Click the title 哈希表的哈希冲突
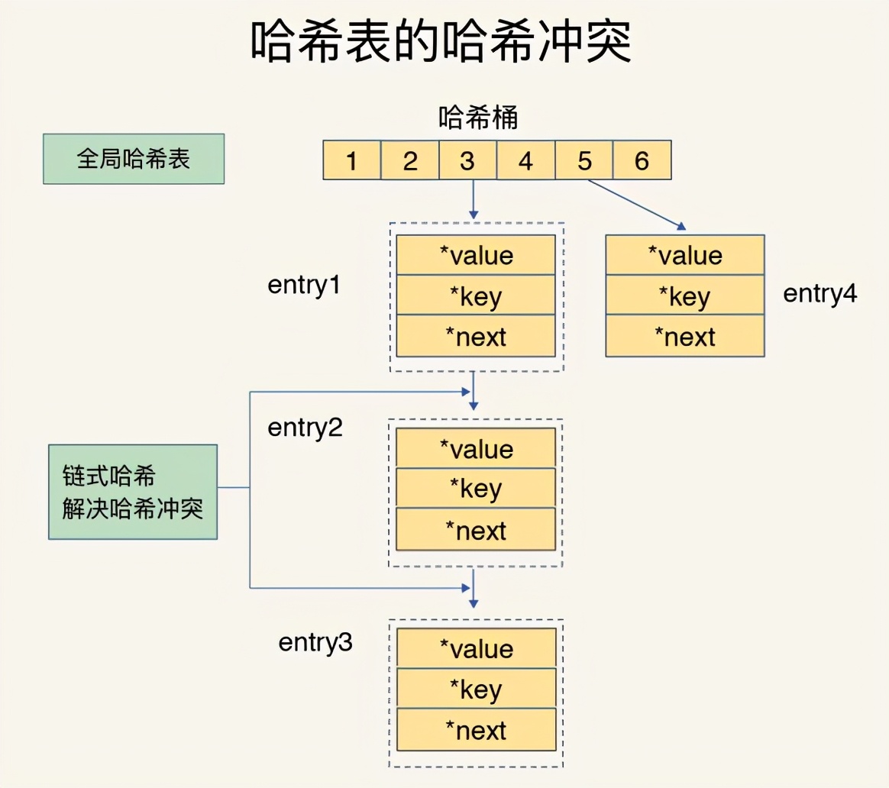(x=441, y=43)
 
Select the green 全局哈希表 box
(x=134, y=159)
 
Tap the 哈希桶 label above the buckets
(x=478, y=118)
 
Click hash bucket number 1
(x=352, y=160)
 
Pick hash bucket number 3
(x=467, y=160)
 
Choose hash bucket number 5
(x=584, y=160)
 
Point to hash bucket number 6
(x=642, y=160)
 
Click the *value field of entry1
(x=476, y=255)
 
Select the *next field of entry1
(x=476, y=336)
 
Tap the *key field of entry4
(x=685, y=295)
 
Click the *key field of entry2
(x=476, y=489)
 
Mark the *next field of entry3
(x=476, y=730)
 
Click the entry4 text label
(x=820, y=293)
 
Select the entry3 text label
(x=315, y=643)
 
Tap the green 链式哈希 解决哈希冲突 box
(x=133, y=492)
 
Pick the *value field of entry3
(x=476, y=648)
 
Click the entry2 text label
(x=305, y=428)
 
